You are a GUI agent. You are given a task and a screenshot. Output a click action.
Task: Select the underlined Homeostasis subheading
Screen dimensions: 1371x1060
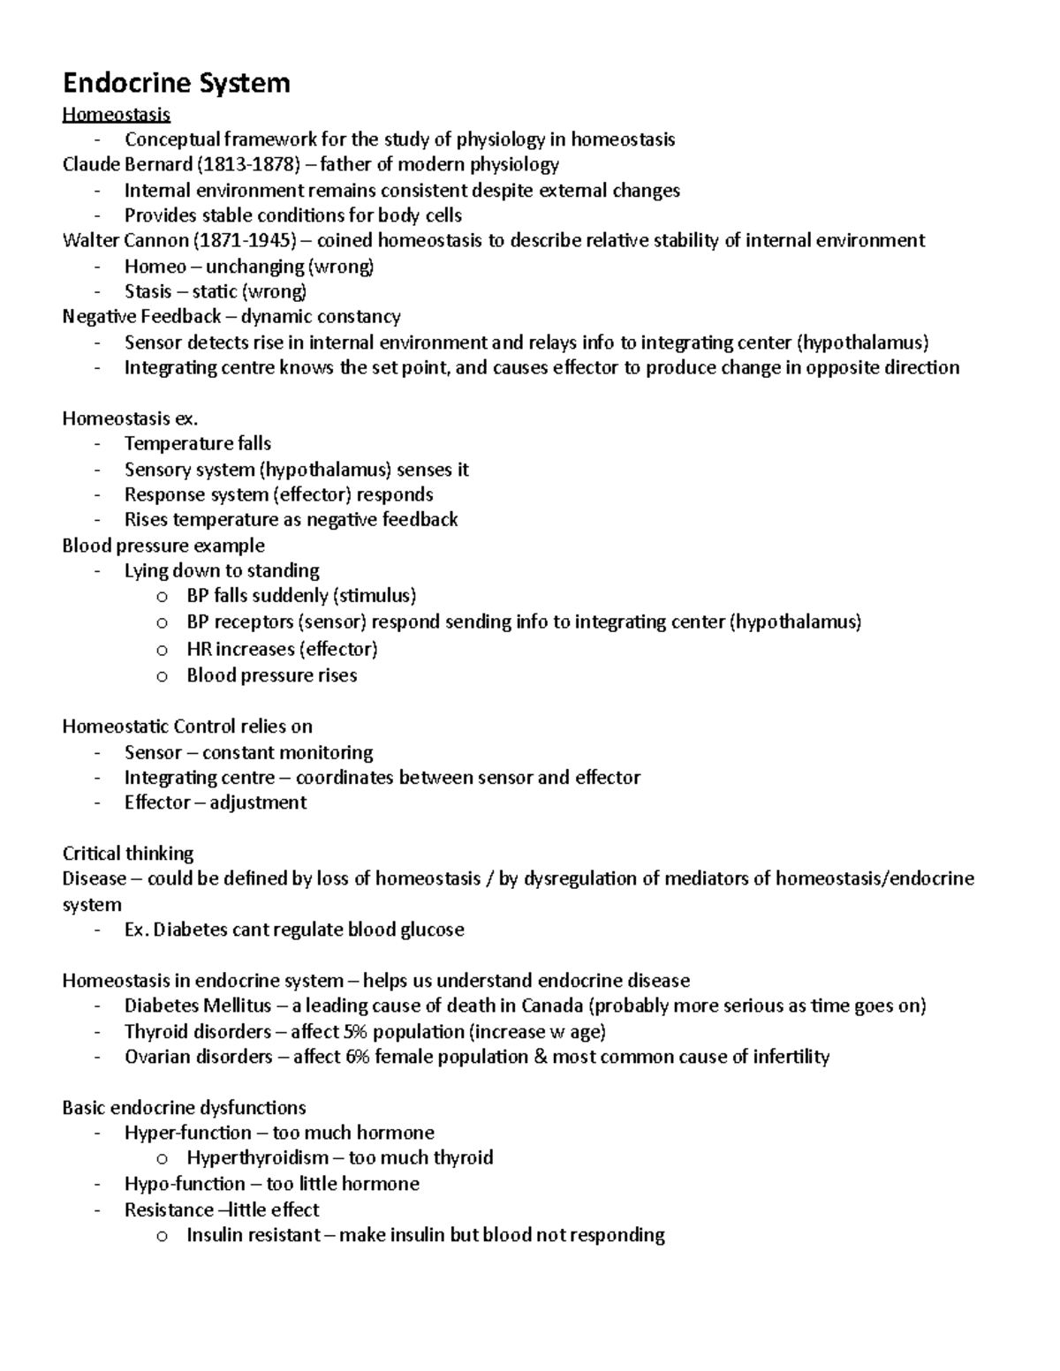116,114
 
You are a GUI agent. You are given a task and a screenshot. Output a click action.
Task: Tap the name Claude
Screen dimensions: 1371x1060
89,165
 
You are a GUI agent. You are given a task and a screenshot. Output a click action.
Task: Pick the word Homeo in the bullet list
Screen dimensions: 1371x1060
155,267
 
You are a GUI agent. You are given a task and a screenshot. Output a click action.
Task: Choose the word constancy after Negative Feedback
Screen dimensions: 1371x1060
359,317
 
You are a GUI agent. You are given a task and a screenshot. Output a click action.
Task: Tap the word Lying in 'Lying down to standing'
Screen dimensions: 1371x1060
146,571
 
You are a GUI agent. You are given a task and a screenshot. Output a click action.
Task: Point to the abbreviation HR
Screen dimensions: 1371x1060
199,650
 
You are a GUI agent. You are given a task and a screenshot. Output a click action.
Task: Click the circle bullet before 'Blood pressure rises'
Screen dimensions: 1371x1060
162,677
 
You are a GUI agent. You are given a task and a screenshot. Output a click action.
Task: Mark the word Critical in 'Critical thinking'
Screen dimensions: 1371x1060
91,854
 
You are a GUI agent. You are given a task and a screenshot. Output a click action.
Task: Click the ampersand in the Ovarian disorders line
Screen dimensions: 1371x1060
541,1057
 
